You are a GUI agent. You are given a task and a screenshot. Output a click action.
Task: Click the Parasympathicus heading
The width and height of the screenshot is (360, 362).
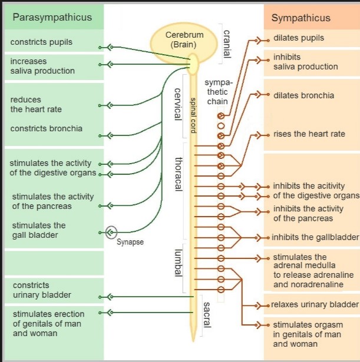52,18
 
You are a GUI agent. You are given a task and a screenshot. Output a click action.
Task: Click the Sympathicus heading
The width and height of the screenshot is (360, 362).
301,18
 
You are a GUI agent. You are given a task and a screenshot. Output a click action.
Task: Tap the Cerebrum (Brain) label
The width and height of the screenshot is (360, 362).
184,39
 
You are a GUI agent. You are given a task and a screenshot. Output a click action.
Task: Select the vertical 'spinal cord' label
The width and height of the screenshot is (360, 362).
193,115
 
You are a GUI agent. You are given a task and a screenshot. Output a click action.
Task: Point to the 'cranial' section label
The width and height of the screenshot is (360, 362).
227,44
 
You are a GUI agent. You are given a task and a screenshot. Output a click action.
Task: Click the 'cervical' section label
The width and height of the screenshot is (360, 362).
178,104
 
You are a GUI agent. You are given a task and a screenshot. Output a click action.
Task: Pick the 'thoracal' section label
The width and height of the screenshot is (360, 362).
179,174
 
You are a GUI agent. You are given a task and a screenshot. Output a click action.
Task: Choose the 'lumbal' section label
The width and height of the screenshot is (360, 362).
178,263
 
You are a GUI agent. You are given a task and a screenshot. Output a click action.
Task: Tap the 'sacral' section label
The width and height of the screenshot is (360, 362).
207,315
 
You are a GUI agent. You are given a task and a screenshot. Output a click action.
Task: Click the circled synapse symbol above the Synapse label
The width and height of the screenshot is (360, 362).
111,232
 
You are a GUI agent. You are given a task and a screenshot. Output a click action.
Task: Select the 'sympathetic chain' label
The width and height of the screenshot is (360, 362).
218,92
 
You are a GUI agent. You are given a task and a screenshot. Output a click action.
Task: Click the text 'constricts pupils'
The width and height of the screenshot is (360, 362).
41,42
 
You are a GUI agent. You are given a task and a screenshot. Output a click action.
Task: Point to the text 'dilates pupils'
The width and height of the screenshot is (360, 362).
299,38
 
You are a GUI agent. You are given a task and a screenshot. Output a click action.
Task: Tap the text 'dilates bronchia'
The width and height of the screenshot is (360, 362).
303,95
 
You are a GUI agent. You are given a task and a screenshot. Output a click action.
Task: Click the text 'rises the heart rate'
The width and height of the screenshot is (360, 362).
309,134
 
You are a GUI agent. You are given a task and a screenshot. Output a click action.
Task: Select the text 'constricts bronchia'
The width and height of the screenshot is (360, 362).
46,128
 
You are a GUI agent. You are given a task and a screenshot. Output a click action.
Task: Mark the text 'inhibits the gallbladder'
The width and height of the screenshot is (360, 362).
315,237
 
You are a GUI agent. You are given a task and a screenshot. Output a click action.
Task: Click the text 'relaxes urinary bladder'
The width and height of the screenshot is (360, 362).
315,304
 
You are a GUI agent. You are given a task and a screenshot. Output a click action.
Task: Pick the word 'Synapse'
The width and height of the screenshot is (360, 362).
130,242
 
